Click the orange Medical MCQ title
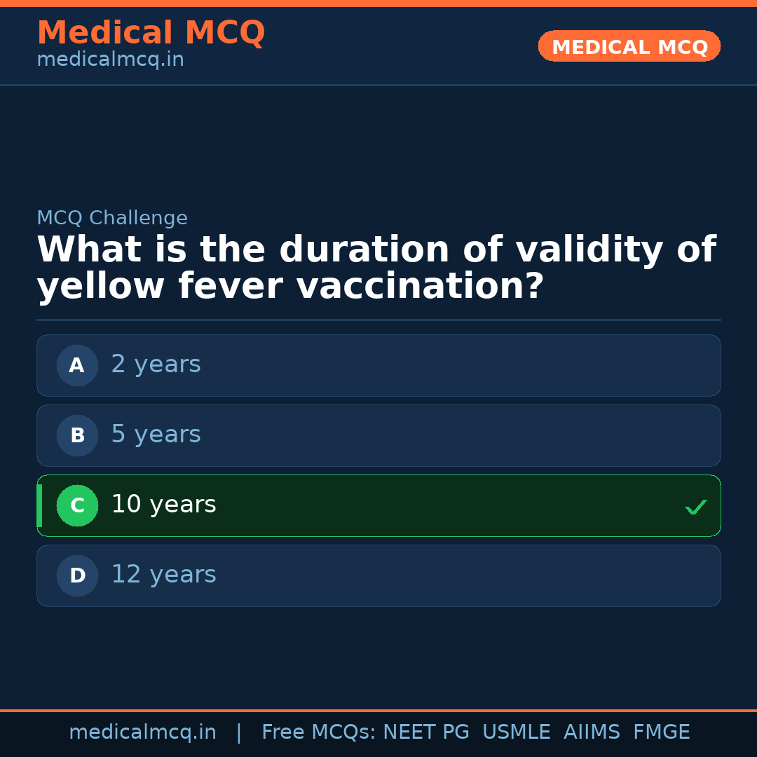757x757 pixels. tap(151, 33)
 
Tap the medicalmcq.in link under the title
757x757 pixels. tap(110, 60)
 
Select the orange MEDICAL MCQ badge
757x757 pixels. tap(629, 46)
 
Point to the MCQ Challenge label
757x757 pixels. tap(112, 219)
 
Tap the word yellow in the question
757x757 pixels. tap(101, 287)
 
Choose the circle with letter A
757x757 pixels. tap(77, 365)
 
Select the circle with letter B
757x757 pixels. tap(77, 435)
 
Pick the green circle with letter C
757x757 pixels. tap(77, 505)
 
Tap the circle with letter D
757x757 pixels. tap(77, 575)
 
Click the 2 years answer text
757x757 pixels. tap(156, 364)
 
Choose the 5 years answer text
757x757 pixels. tap(156, 435)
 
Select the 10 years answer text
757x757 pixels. tap(163, 505)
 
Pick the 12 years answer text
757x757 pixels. tap(163, 575)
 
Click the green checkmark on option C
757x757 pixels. tap(695, 507)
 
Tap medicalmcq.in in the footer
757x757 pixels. tap(142, 732)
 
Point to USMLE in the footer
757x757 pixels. tap(516, 732)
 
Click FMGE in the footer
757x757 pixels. tap(661, 732)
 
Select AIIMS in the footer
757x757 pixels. tap(592, 732)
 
